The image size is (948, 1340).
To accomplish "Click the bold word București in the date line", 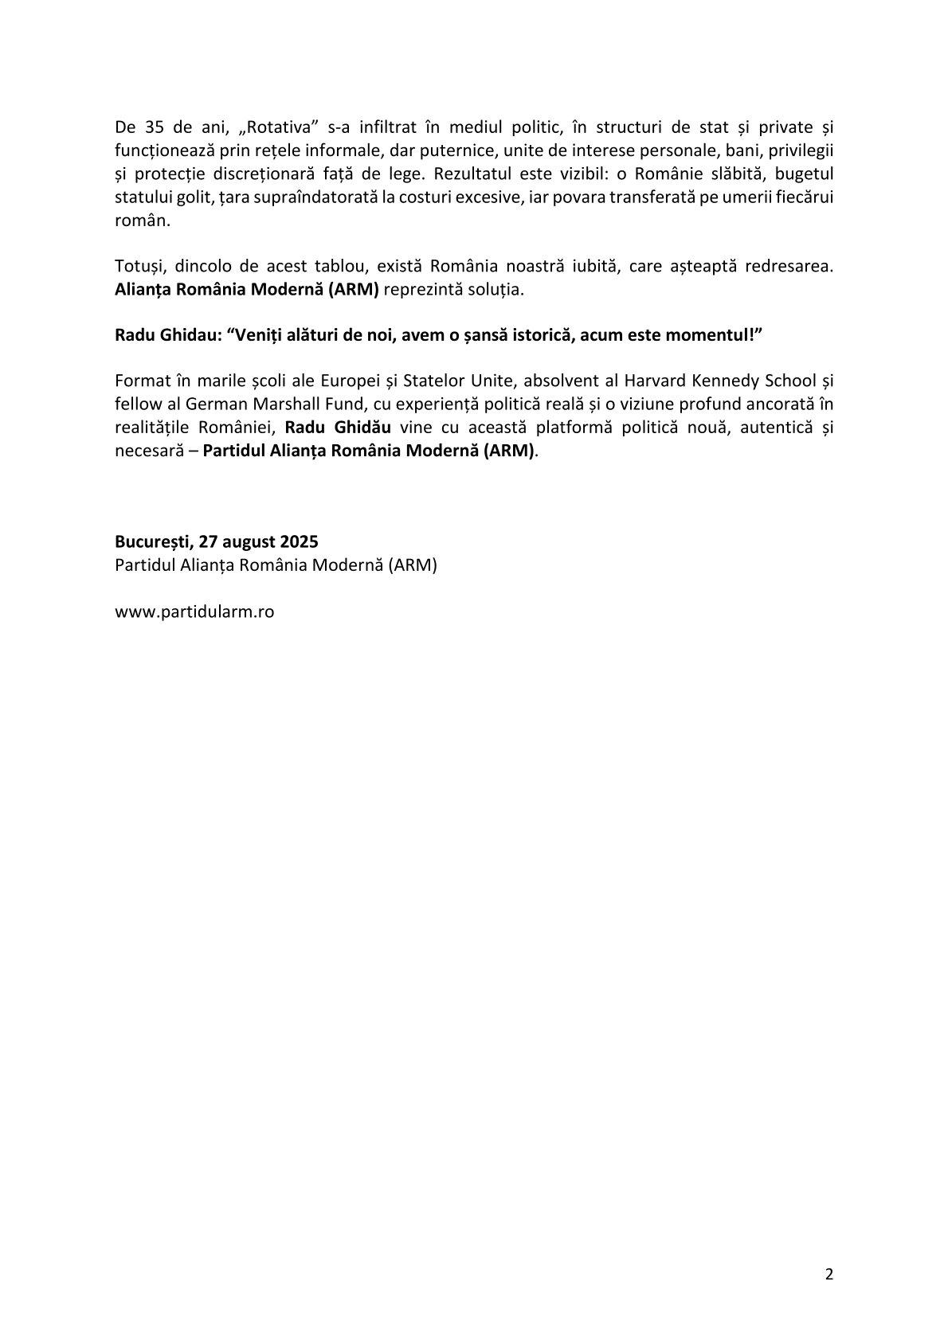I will pos(153,542).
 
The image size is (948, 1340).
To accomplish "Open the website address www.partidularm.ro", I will pos(195,612).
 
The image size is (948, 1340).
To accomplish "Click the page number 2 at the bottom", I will pos(829,1275).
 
